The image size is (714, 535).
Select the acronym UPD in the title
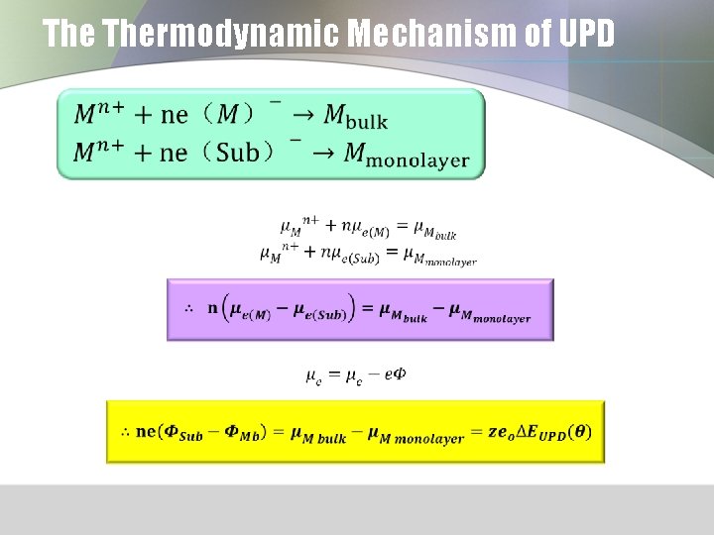(587, 35)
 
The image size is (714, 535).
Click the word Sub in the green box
(236, 152)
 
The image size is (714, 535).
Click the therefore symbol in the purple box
(188, 308)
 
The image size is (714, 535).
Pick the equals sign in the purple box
(365, 308)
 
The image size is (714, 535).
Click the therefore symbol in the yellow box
(125, 432)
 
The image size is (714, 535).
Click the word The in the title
(68, 35)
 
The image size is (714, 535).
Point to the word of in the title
(536, 35)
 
